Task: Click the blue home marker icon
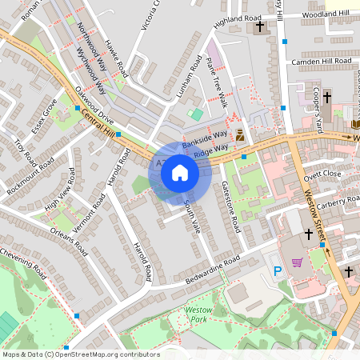(x=180, y=172)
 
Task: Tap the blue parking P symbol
(x=278, y=272)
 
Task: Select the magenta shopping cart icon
(x=298, y=262)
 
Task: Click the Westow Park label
(x=197, y=314)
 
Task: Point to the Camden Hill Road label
(x=322, y=61)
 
